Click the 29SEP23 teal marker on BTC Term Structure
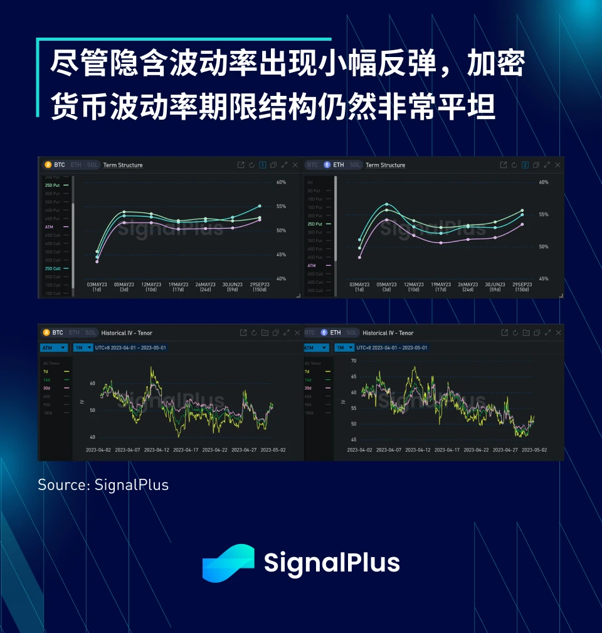260,206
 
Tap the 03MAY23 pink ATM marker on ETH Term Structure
359,257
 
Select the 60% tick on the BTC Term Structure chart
281,182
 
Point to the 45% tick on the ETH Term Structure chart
544,279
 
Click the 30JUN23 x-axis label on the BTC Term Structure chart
232,286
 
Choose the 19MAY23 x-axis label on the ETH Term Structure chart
441,286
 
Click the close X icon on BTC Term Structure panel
295,165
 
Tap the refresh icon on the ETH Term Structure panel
514,165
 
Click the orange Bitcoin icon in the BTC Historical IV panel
46,333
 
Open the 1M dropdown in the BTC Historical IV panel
83,347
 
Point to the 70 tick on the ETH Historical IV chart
354,361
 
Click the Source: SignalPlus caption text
103,485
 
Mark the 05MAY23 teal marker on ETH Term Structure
387,204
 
